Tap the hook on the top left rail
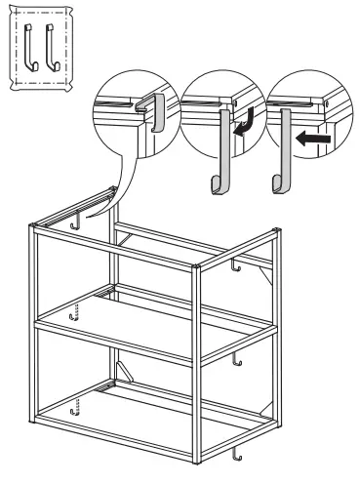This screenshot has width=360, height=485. [x=74, y=224]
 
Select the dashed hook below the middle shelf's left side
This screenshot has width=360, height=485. [x=73, y=315]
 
